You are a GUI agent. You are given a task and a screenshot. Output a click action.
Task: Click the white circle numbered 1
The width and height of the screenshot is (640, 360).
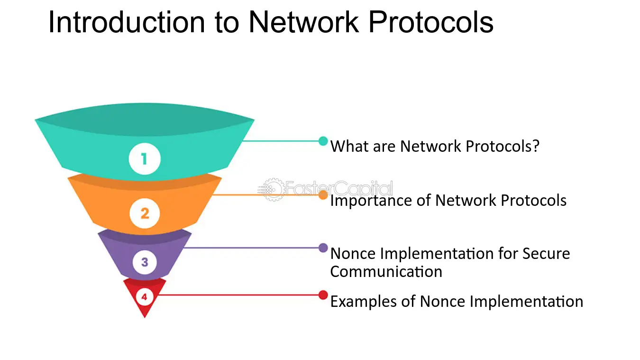pos(145,159)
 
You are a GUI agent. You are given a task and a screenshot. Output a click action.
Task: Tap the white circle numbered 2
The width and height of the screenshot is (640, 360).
pos(145,213)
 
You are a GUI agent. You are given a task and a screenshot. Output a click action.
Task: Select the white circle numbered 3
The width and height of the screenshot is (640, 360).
pos(145,262)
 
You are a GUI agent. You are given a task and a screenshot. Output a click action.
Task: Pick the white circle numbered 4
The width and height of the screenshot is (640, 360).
pos(144,297)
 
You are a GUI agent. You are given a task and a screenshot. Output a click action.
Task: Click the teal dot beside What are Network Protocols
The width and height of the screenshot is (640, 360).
pos(323,141)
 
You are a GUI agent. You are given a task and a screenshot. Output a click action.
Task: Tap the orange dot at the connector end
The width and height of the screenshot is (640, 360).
pos(323,195)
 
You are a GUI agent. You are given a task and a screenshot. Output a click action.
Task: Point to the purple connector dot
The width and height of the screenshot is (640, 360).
pos(323,248)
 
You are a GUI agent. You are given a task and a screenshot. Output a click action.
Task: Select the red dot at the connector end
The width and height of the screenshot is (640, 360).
pos(323,295)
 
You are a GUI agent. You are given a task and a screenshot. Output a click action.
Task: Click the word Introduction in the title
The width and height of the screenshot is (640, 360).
pos(127,22)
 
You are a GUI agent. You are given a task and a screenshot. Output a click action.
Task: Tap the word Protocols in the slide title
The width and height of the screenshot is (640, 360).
pos(431,22)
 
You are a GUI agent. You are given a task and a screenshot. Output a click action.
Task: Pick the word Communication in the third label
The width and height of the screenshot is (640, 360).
pos(386,272)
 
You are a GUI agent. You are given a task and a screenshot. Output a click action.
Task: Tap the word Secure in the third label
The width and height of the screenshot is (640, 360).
pos(546,254)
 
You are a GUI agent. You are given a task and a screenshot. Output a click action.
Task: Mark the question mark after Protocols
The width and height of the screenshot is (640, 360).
pos(536,146)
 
